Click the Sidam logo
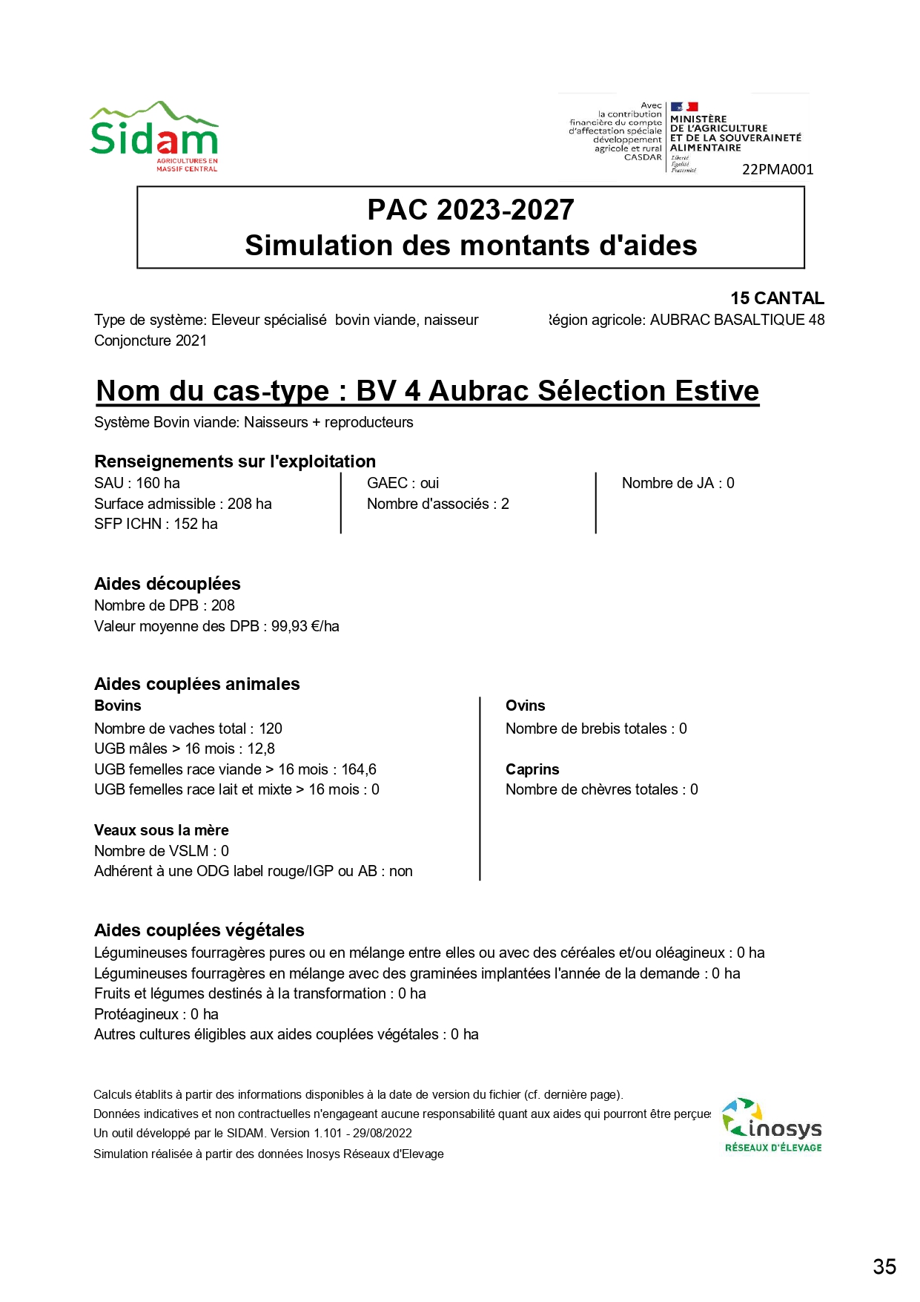(154, 137)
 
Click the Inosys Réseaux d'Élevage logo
(772, 1125)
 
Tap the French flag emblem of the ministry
(684, 107)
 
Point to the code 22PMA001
(778, 170)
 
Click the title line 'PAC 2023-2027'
(471, 210)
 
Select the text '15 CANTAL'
(777, 298)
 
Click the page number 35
(884, 1266)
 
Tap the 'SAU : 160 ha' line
(137, 483)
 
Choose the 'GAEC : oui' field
(403, 483)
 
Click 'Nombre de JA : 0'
(678, 483)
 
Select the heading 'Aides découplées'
(167, 584)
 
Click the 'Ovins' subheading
(525, 706)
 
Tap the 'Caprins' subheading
(532, 769)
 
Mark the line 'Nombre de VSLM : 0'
(161, 851)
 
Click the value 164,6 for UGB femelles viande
(359, 769)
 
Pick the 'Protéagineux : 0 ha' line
(156, 1014)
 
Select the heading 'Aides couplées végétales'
(199, 930)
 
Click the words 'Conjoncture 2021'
(150, 341)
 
